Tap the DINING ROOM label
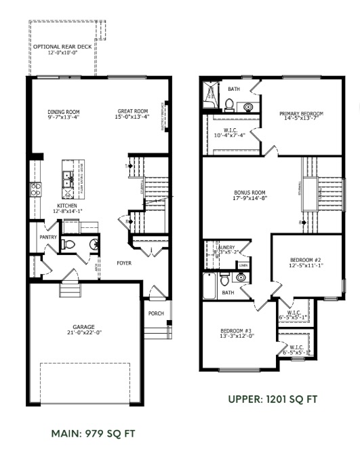tap(64, 112)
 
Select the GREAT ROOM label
tap(133, 112)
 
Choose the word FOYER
tap(124, 263)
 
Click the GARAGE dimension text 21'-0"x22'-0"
tap(85, 332)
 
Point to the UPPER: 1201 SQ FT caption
tap(273, 399)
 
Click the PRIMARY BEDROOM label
tap(302, 113)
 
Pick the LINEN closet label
tap(243, 264)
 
